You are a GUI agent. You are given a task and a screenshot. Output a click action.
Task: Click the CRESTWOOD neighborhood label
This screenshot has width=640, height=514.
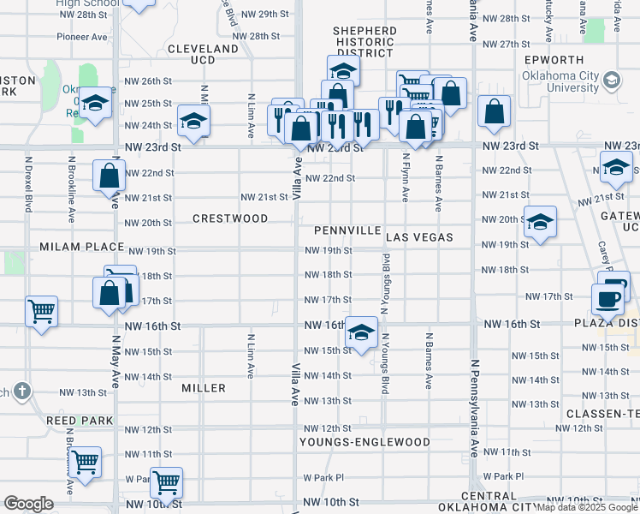[x=230, y=218]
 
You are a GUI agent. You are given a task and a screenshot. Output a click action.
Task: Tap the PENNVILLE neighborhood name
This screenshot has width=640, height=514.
[x=347, y=231]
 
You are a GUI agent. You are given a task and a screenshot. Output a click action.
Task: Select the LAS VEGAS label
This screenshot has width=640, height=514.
[x=418, y=236]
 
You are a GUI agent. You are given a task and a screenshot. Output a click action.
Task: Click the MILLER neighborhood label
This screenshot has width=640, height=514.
[x=204, y=388]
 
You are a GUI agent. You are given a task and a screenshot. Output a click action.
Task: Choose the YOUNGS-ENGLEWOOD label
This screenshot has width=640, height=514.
[x=364, y=442]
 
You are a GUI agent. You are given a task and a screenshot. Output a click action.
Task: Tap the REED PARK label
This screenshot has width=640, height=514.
[x=74, y=421]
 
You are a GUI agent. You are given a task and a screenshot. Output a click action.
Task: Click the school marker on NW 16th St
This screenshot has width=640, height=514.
[x=362, y=332]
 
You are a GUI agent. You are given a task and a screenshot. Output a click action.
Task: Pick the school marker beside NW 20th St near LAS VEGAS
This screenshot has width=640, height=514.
[x=539, y=222]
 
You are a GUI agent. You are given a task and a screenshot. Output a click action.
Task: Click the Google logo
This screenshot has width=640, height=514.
[x=28, y=504]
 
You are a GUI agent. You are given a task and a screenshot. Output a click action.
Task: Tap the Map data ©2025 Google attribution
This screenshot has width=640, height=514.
[x=587, y=507]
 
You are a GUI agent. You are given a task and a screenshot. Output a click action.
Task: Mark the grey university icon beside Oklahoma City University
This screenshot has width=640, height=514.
[x=612, y=81]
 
